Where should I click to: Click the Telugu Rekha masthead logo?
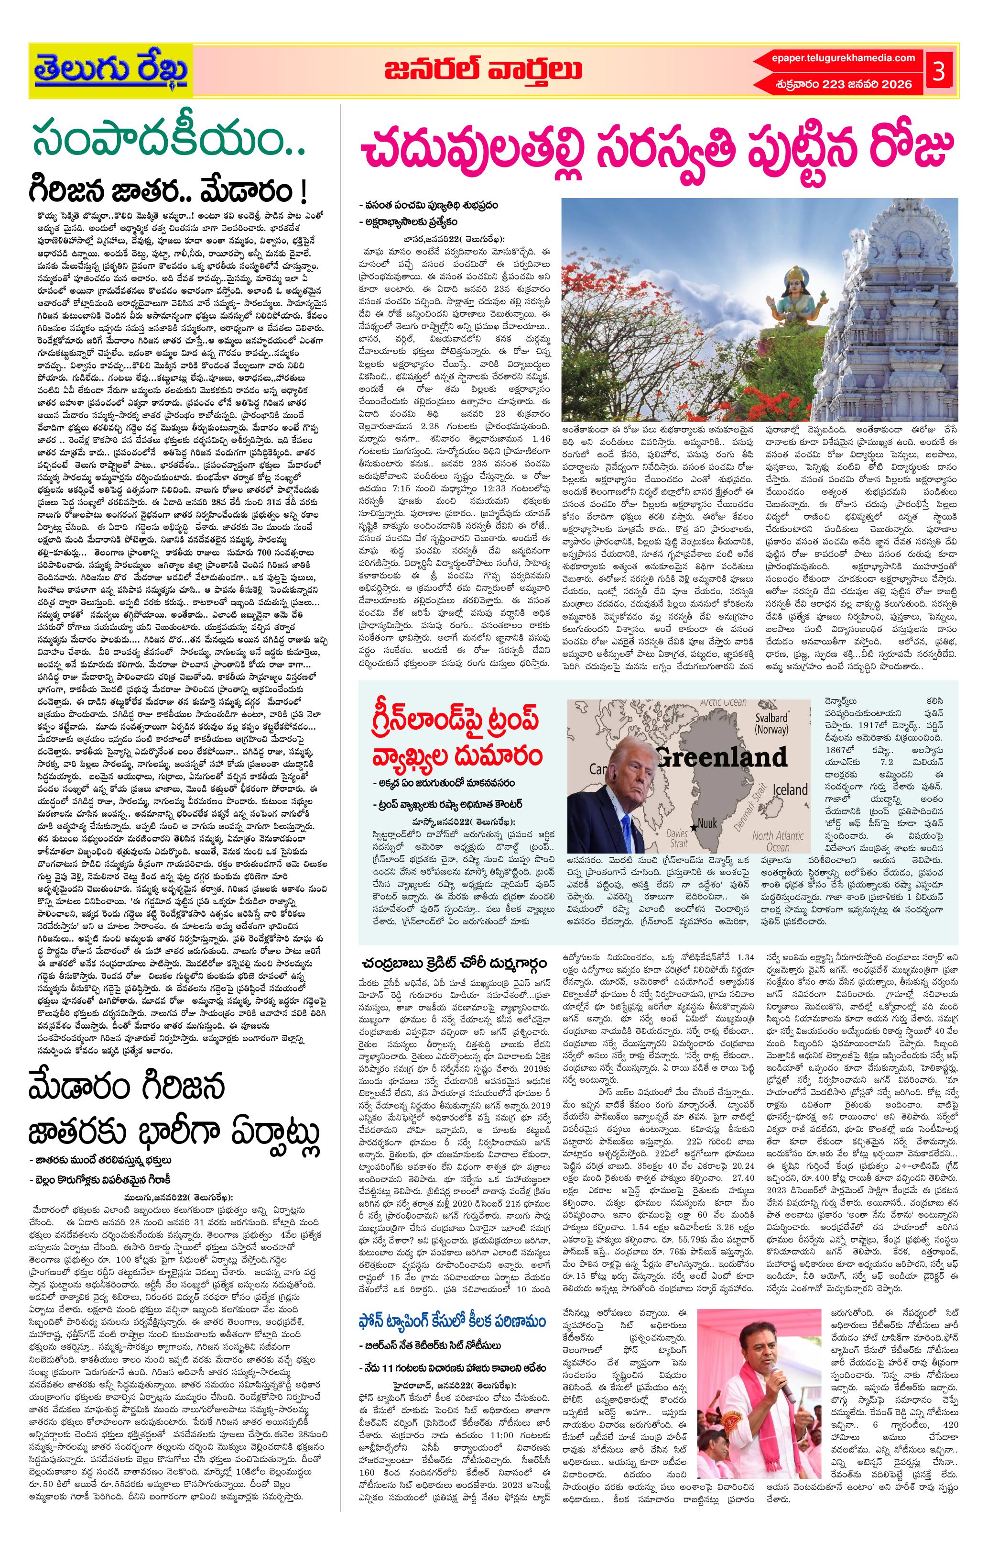pos(111,70)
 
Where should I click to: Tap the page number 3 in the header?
pos(939,71)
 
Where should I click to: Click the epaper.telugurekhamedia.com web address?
pos(843,58)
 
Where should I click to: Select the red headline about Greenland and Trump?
pos(456,738)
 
